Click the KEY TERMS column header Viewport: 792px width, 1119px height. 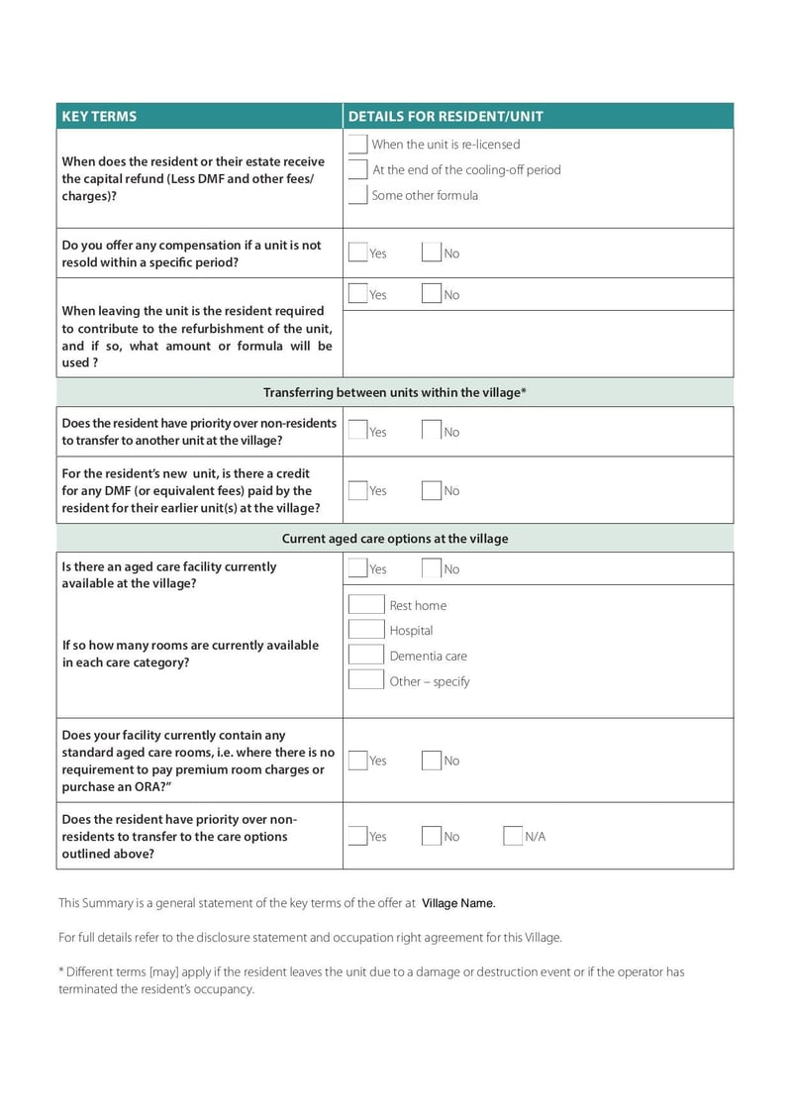click(x=99, y=116)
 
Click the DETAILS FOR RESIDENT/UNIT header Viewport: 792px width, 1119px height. click(x=445, y=116)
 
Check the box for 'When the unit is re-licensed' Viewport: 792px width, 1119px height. click(x=357, y=145)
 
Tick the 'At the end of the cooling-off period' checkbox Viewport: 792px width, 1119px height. click(x=357, y=169)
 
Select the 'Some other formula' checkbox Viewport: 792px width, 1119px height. click(x=357, y=195)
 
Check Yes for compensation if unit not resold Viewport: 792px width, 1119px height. click(x=357, y=253)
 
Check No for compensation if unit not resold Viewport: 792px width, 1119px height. click(x=431, y=253)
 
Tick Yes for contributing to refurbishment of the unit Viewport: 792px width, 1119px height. click(x=357, y=294)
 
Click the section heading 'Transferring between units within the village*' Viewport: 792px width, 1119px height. click(x=394, y=392)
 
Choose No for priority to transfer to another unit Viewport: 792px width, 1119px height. click(x=431, y=431)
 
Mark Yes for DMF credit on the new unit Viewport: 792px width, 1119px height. click(x=357, y=490)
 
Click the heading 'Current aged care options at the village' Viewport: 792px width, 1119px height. click(x=394, y=539)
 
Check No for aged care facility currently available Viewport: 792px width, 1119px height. click(x=431, y=568)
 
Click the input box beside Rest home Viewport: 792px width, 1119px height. click(x=366, y=605)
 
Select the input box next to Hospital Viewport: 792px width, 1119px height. click(x=366, y=630)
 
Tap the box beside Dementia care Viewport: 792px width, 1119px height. click(x=366, y=656)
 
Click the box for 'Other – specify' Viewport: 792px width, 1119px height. click(x=366, y=680)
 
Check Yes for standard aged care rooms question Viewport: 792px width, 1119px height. click(x=357, y=761)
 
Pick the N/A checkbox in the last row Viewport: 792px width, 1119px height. click(x=513, y=836)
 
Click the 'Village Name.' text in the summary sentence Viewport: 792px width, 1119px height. click(x=458, y=903)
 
